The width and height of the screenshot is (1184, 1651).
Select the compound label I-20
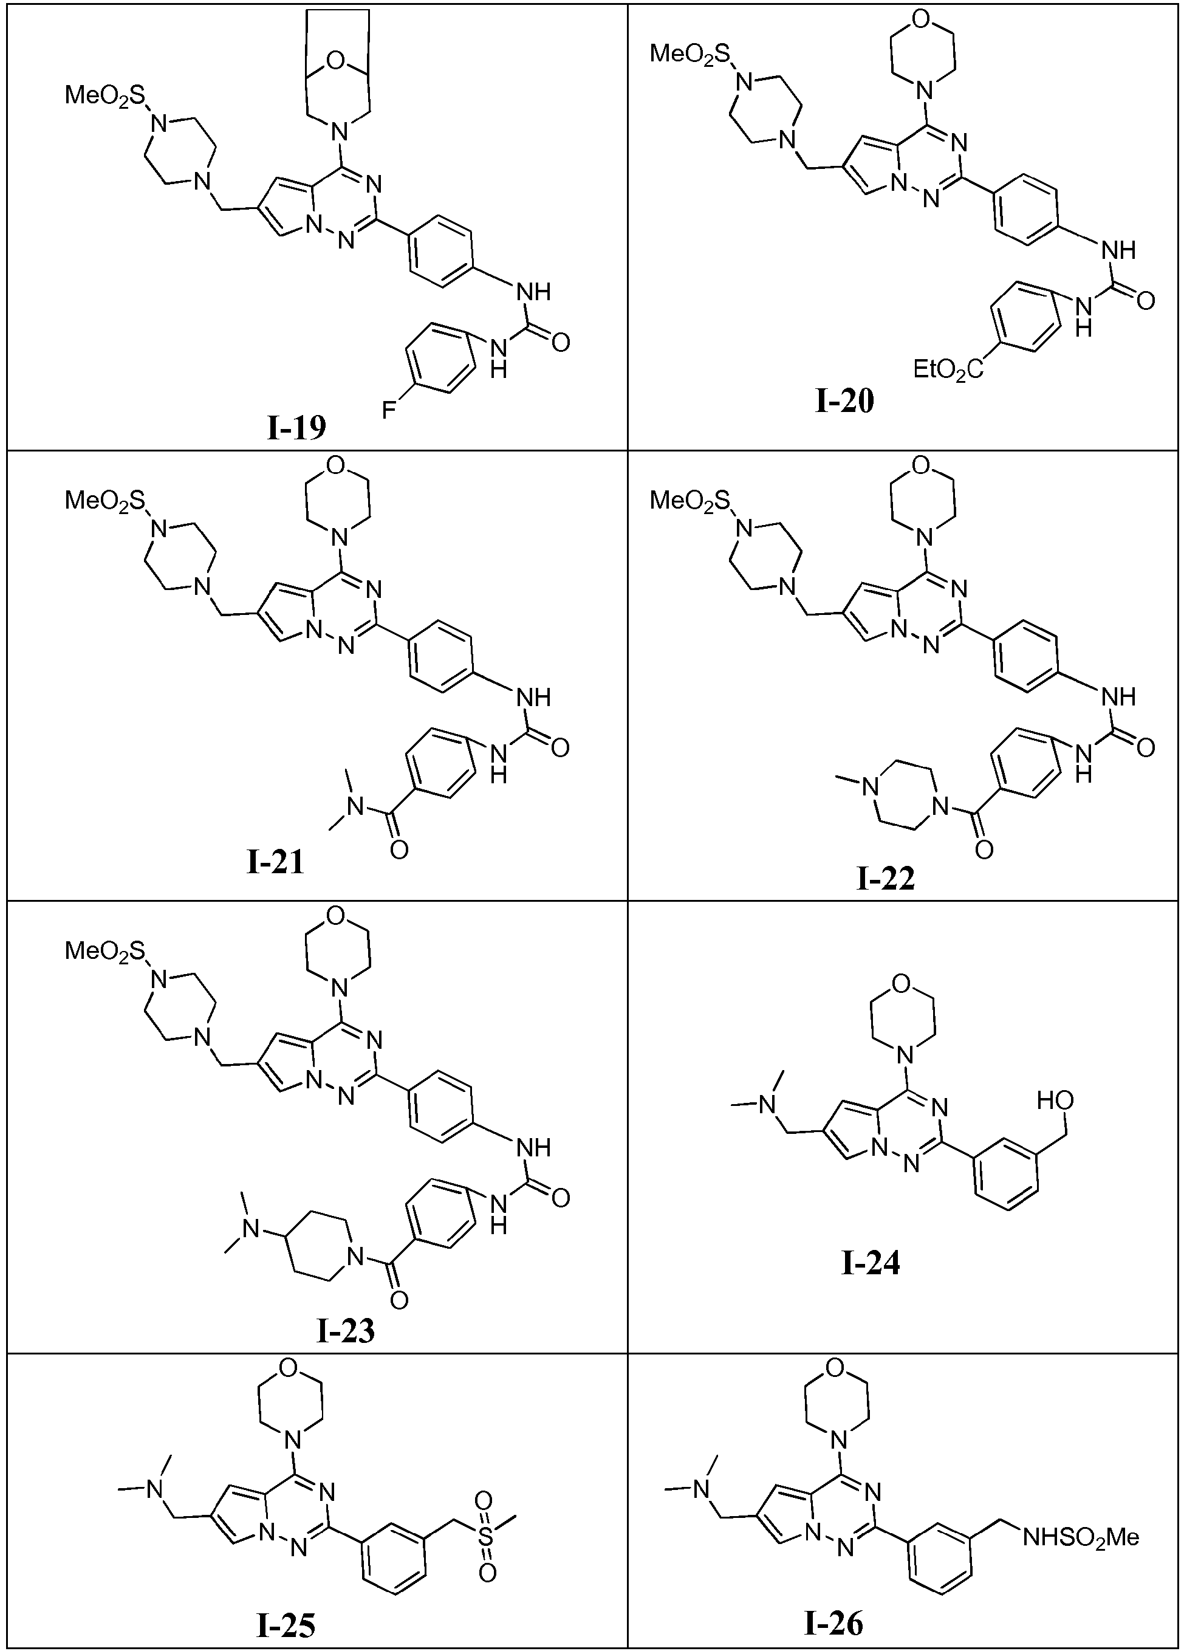[844, 400]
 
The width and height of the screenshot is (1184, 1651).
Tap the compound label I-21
[275, 861]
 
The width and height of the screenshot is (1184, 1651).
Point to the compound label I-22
[886, 879]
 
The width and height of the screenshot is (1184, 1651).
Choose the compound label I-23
[346, 1331]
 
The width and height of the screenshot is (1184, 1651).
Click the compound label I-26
[834, 1619]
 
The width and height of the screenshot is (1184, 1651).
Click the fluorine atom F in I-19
[389, 411]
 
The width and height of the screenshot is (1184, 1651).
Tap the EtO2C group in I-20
[948, 371]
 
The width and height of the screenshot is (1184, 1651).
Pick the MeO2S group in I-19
[106, 95]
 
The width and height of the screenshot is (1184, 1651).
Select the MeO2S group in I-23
[106, 952]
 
